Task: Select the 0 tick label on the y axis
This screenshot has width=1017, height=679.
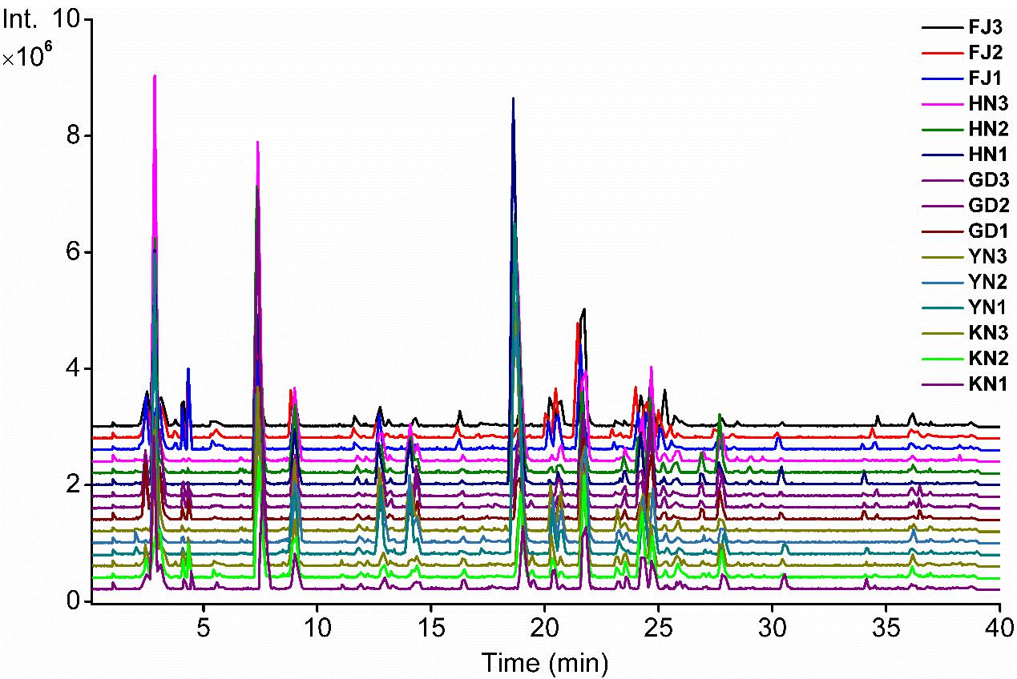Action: point(73,601)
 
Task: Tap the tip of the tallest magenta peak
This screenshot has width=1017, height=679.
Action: point(155,75)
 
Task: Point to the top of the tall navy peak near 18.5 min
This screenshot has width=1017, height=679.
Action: point(513,98)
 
